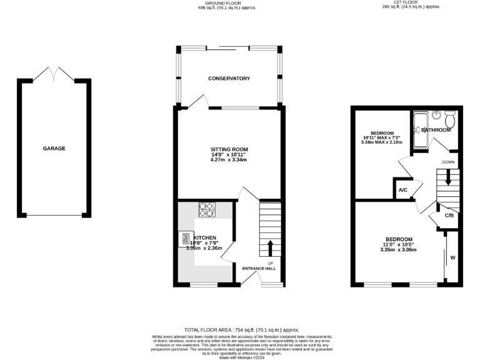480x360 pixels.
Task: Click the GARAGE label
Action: point(54,148)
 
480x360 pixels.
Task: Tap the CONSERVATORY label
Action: point(229,78)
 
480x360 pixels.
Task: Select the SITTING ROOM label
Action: point(229,149)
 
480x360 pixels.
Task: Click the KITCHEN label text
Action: point(205,238)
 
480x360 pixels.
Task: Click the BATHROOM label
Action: point(436,130)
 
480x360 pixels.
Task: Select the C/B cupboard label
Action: point(449,216)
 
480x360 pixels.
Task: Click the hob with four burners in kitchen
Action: point(207,209)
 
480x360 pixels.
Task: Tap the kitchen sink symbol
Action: point(186,238)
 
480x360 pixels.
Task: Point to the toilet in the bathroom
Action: point(450,117)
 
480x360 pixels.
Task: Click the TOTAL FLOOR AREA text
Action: point(241,329)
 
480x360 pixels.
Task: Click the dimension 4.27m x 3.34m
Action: point(229,160)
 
